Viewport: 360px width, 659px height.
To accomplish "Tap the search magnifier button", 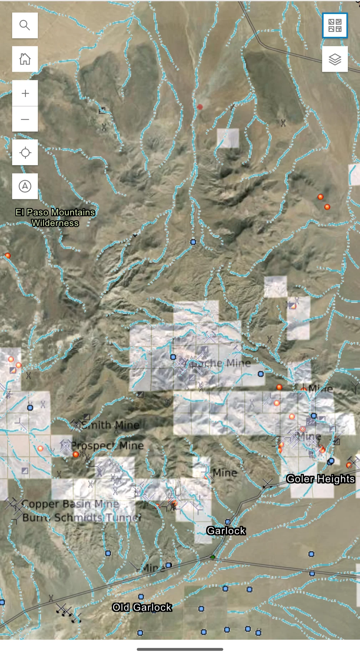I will pyautogui.click(x=25, y=25).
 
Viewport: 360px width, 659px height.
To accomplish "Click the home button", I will pyautogui.click(x=25, y=59).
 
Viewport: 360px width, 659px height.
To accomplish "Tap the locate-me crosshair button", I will pyautogui.click(x=25, y=153).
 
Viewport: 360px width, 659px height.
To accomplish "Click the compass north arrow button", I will pyautogui.click(x=25, y=186).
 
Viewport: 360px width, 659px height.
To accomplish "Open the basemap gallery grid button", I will pyautogui.click(x=335, y=25).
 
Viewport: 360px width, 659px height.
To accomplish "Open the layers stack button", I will pyautogui.click(x=335, y=59).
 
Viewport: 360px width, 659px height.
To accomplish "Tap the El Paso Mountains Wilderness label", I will pyautogui.click(x=55, y=218).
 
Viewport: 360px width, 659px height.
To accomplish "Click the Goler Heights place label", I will pyautogui.click(x=320, y=479).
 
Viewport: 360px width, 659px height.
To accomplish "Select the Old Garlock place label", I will pyautogui.click(x=142, y=607).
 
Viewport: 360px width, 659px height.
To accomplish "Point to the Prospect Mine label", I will pyautogui.click(x=107, y=446).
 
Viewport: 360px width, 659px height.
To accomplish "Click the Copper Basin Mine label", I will pyautogui.click(x=70, y=504).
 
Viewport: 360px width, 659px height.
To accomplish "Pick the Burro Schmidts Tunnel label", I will pyautogui.click(x=82, y=517).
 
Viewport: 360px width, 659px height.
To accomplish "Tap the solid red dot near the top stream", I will pyautogui.click(x=200, y=107).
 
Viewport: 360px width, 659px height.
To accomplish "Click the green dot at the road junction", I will pyautogui.click(x=213, y=557).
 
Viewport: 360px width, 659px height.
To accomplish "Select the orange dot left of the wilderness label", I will pyautogui.click(x=7, y=256).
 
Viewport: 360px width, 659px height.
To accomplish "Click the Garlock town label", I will pyautogui.click(x=226, y=531).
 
